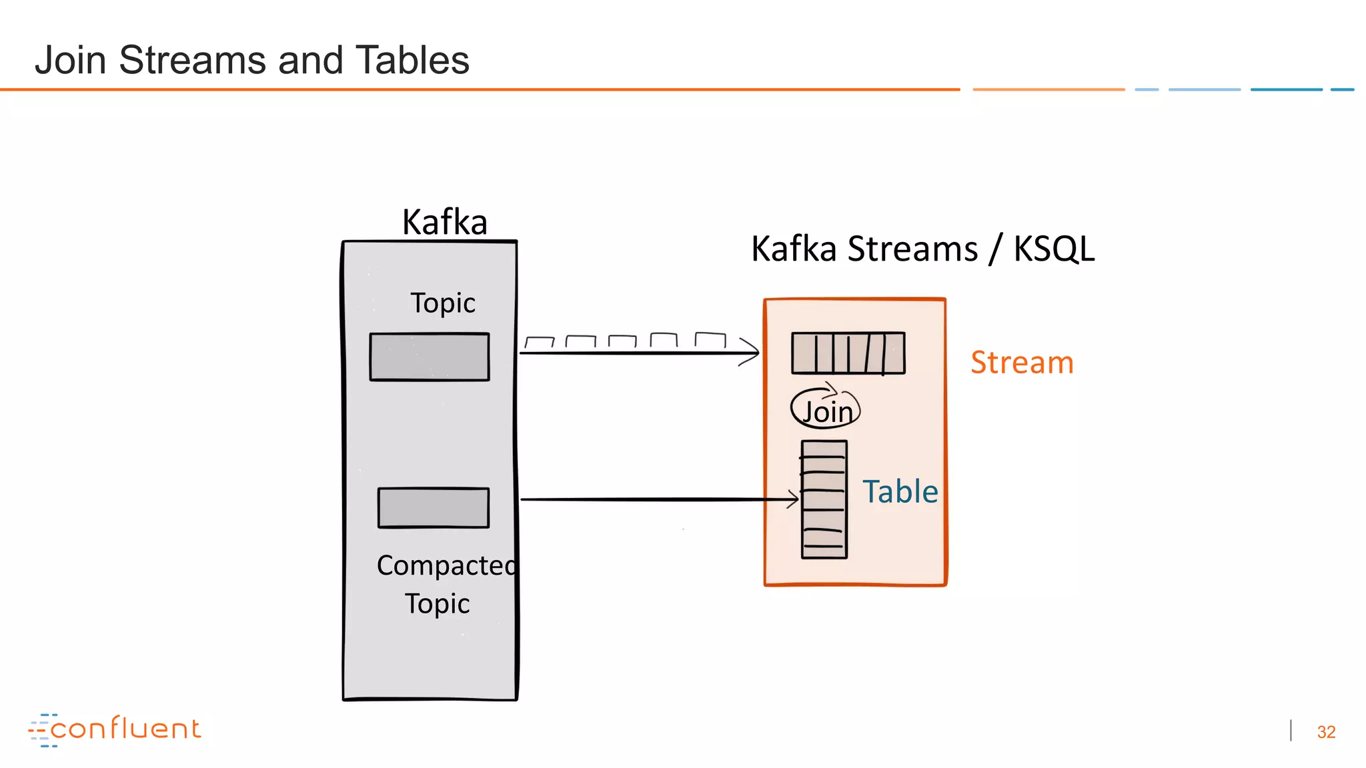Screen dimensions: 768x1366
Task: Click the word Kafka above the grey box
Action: click(x=444, y=222)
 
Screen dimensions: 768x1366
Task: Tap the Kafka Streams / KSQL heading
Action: click(x=922, y=249)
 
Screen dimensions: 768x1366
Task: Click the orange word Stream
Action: click(x=1022, y=363)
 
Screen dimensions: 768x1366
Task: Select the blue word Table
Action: click(x=900, y=491)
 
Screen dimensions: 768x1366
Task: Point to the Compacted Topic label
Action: click(x=444, y=584)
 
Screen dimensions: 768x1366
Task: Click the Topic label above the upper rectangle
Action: click(x=442, y=303)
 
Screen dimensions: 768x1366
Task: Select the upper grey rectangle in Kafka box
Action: click(x=430, y=357)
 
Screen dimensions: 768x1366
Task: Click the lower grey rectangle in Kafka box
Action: click(x=434, y=508)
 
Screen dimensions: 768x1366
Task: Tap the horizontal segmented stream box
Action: click(x=848, y=353)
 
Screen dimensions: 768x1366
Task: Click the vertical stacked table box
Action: click(x=824, y=499)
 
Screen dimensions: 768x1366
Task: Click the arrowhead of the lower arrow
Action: click(x=794, y=499)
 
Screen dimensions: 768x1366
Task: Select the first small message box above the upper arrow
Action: click(x=540, y=343)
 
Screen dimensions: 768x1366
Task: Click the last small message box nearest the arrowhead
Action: click(x=710, y=339)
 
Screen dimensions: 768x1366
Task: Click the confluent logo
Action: click(x=115, y=729)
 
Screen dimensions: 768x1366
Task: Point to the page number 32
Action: click(x=1326, y=732)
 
